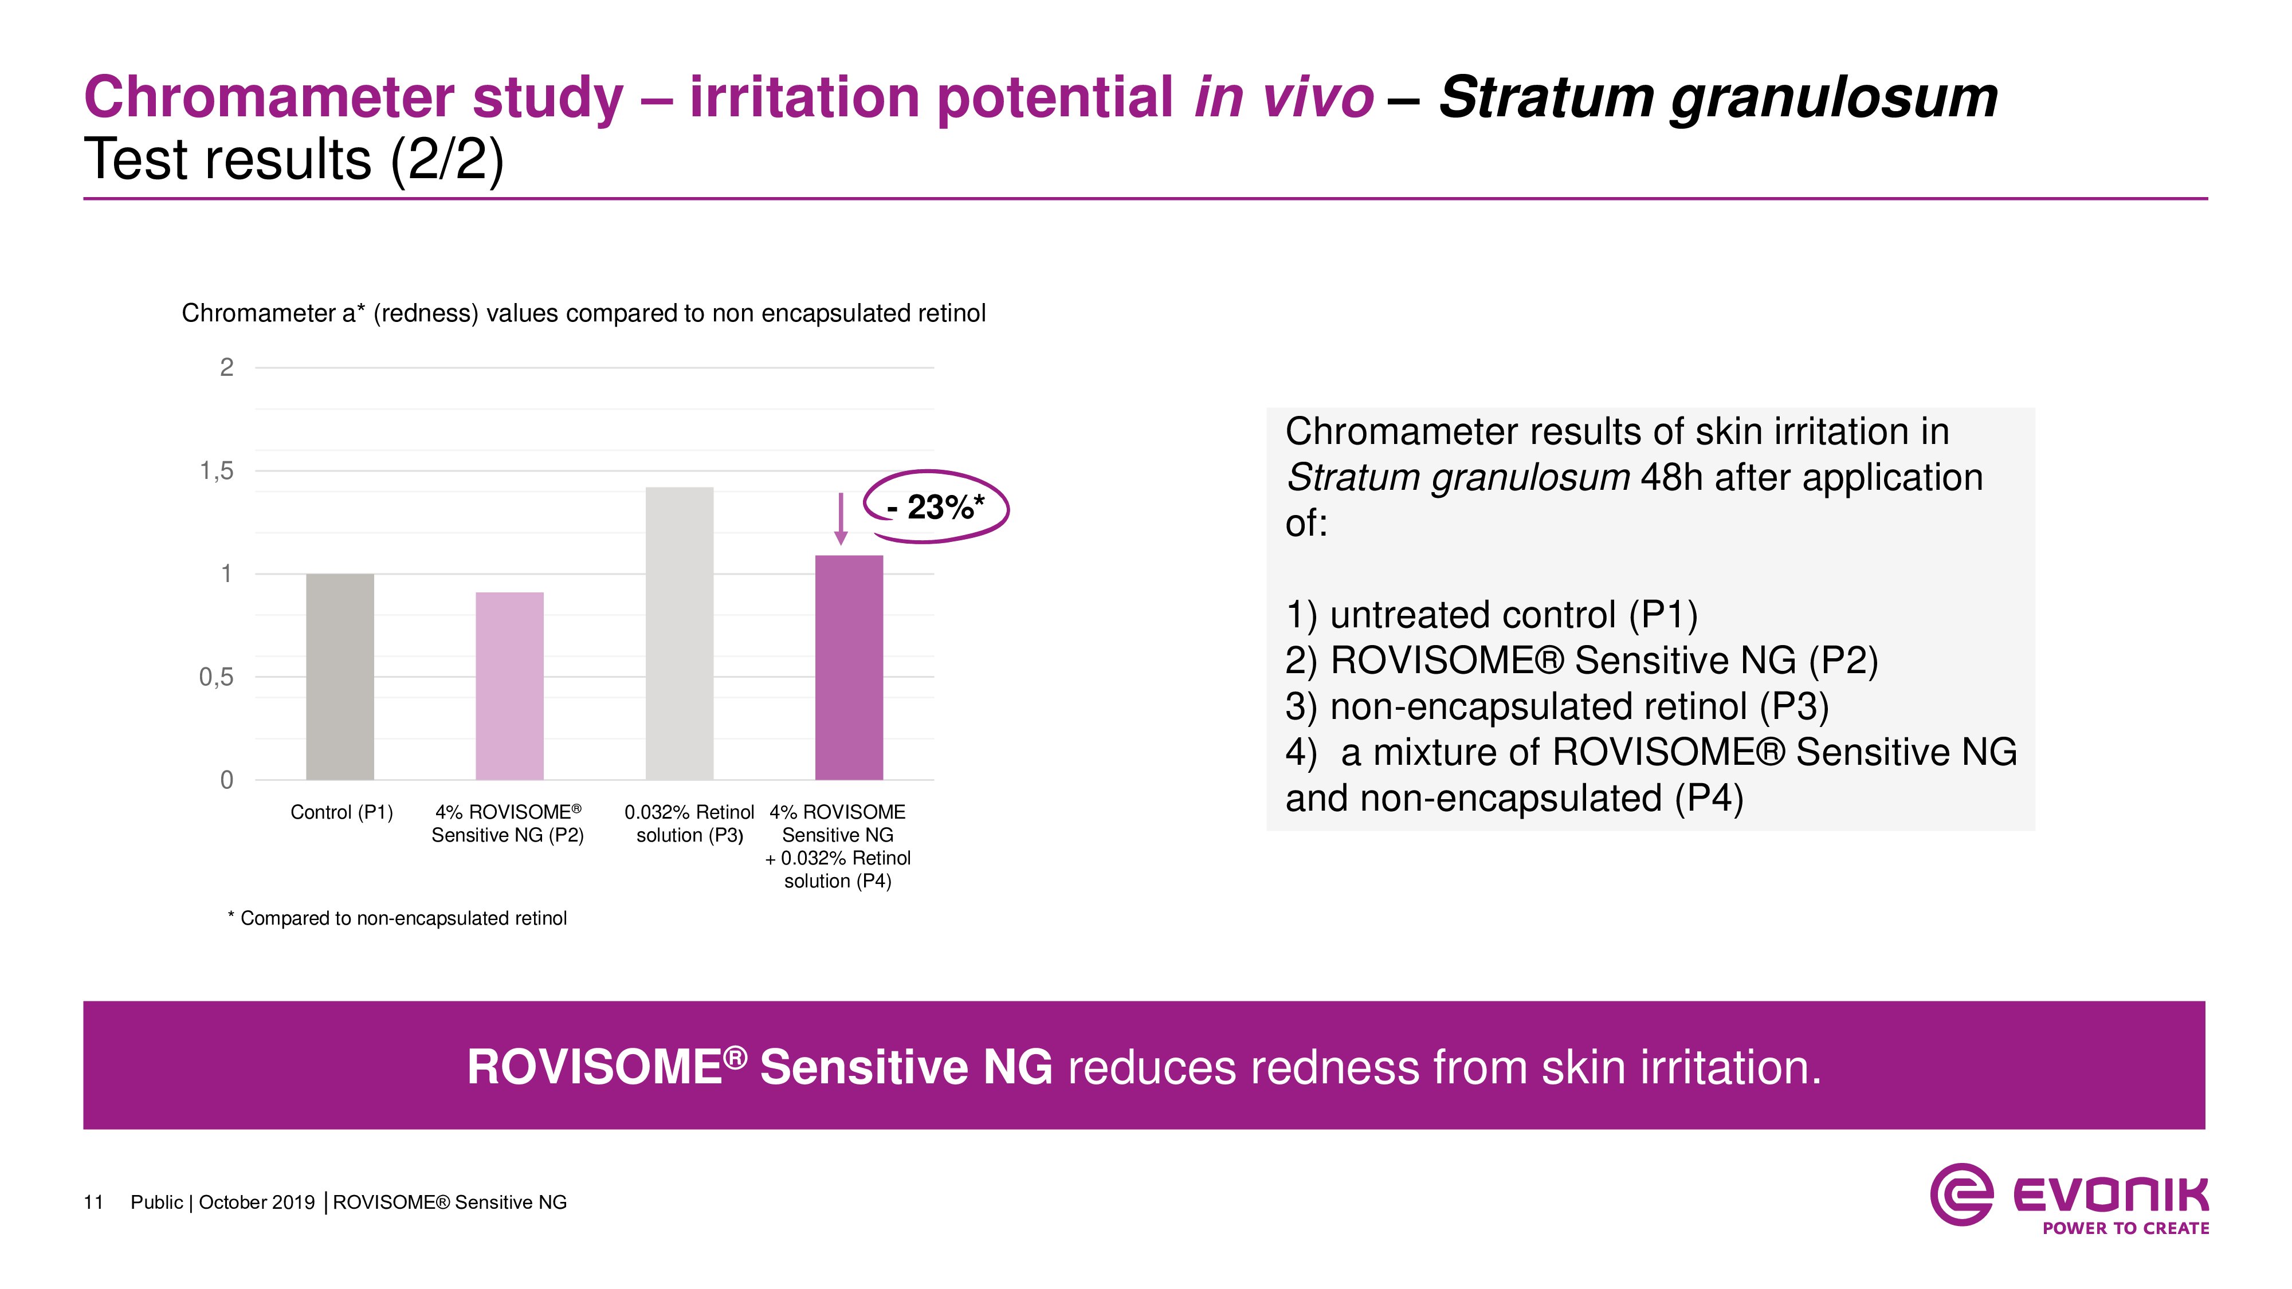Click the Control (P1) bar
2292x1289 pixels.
tap(340, 677)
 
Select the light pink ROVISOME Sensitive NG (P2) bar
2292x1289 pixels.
tap(510, 686)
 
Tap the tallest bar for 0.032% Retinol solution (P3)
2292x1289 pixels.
tap(680, 634)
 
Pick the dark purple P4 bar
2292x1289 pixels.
tap(850, 668)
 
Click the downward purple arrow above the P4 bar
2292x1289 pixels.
tap(841, 520)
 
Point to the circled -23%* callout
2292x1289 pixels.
tap(936, 507)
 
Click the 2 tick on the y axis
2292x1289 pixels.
tap(227, 367)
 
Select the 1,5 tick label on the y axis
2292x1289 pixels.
tap(216, 470)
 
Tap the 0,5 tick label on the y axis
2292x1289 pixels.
tap(216, 677)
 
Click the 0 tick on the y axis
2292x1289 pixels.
tap(227, 780)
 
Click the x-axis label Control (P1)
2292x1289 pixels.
tap(342, 812)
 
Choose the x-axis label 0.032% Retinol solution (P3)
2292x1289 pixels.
tap(689, 824)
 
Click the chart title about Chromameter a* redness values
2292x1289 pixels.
tap(584, 313)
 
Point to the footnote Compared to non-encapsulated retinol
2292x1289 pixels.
tap(398, 918)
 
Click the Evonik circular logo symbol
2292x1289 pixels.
tap(1961, 1194)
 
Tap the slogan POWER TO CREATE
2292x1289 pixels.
tap(2126, 1228)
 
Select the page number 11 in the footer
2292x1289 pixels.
tap(93, 1202)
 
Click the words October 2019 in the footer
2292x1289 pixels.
tap(257, 1202)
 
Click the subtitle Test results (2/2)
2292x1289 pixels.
tap(293, 160)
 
